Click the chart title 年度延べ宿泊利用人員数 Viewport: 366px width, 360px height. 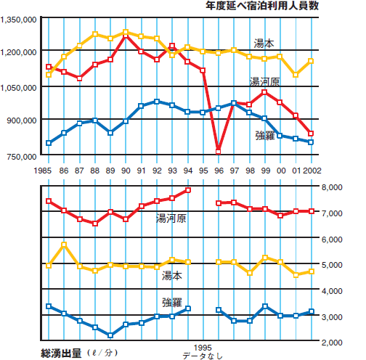point(262,6)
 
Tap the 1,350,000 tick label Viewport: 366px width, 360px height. point(18,20)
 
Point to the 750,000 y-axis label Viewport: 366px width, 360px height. point(22,157)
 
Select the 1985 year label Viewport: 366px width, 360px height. point(43,171)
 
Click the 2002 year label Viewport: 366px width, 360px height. point(312,171)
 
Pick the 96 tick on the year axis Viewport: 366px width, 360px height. point(219,171)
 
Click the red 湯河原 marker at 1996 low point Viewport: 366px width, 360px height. point(219,152)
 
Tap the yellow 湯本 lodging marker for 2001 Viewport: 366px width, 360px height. point(296,75)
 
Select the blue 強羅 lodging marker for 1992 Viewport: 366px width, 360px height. point(157,102)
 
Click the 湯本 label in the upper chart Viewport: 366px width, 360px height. point(264,44)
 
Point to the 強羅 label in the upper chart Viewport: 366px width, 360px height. point(265,136)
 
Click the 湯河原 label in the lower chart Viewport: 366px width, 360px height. point(171,218)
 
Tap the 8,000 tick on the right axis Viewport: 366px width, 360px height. point(332,187)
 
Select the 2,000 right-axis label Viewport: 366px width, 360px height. point(332,343)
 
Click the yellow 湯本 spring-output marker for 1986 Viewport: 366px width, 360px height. point(64,245)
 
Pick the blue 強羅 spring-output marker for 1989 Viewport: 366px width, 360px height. point(110,335)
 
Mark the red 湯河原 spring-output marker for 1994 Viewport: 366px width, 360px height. point(188,190)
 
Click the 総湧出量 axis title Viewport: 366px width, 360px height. point(61,353)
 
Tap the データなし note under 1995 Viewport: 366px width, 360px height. point(203,356)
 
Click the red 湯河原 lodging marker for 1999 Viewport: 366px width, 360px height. point(264,92)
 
